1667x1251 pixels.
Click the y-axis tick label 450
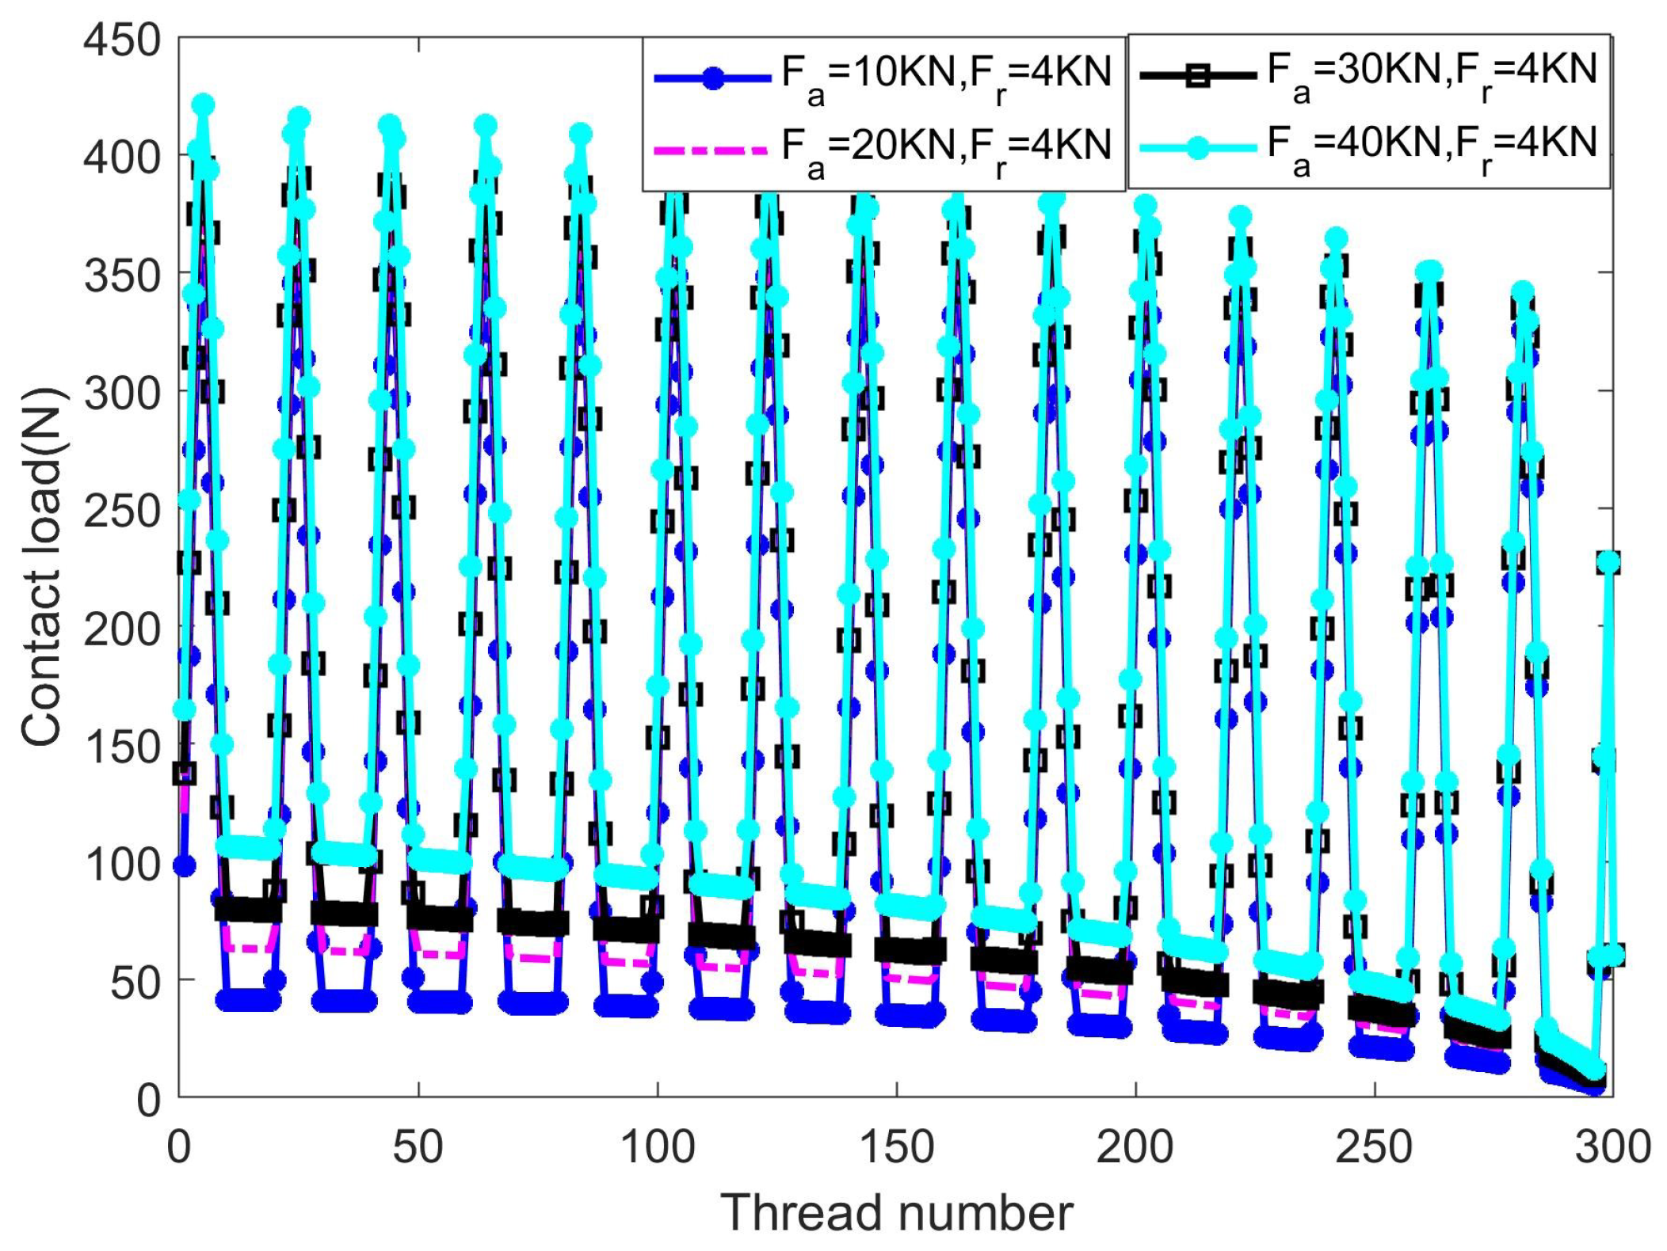(122, 40)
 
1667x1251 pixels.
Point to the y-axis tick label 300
(122, 393)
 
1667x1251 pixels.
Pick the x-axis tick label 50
(418, 1146)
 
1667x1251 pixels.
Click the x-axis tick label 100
(657, 1146)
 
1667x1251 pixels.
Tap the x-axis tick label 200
(1135, 1146)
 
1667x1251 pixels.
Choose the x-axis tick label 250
(1374, 1146)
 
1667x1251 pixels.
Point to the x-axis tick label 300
(1612, 1146)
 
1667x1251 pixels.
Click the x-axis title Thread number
(896, 1213)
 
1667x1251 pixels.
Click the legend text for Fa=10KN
(947, 77)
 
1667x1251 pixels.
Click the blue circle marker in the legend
(713, 78)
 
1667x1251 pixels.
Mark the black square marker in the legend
(1198, 76)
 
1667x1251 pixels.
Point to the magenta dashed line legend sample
(711, 150)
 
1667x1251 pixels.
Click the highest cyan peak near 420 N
(204, 105)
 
